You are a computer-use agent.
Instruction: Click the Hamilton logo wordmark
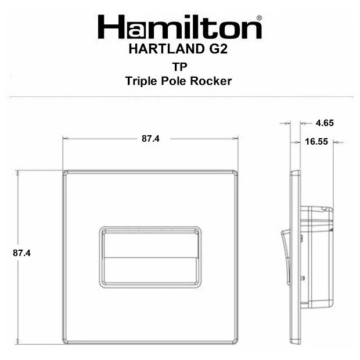click(x=180, y=27)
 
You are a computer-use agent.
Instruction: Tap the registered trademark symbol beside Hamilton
click(x=259, y=18)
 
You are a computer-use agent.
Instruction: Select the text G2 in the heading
click(x=218, y=49)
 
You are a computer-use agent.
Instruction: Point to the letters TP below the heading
click(x=180, y=67)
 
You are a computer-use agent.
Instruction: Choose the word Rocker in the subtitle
click(x=211, y=81)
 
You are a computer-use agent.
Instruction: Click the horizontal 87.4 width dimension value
click(x=150, y=138)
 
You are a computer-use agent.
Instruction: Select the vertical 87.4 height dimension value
click(x=21, y=253)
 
